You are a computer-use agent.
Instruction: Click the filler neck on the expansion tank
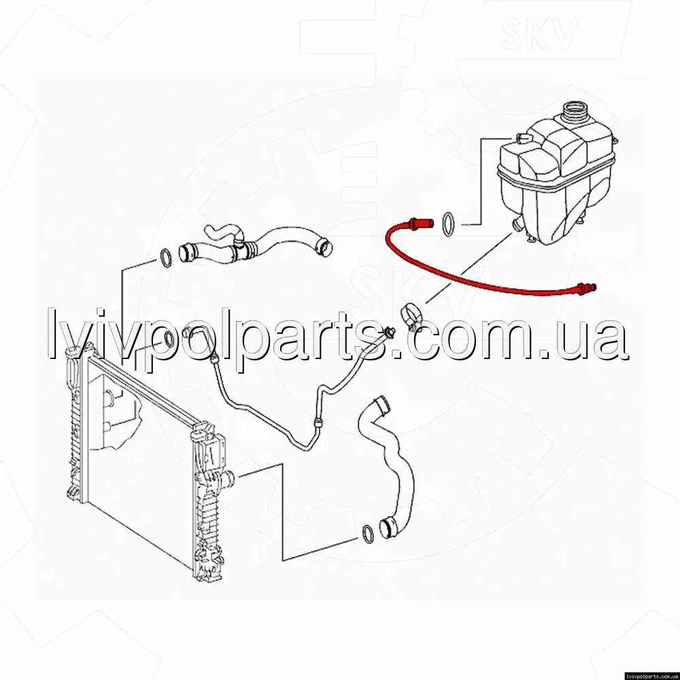tap(575, 112)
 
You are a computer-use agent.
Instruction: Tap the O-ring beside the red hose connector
tap(449, 224)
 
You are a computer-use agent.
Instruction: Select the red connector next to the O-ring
tap(421, 223)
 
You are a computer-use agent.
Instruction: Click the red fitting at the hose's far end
tap(585, 288)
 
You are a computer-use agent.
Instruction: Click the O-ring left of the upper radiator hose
tap(166, 258)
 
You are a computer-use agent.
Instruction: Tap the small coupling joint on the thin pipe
tap(317, 422)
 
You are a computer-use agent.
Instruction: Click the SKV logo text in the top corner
tap(539, 33)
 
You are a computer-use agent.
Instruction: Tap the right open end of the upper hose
tap(324, 246)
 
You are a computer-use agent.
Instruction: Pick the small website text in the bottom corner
tap(652, 676)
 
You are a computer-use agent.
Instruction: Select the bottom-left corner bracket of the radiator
tap(73, 490)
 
